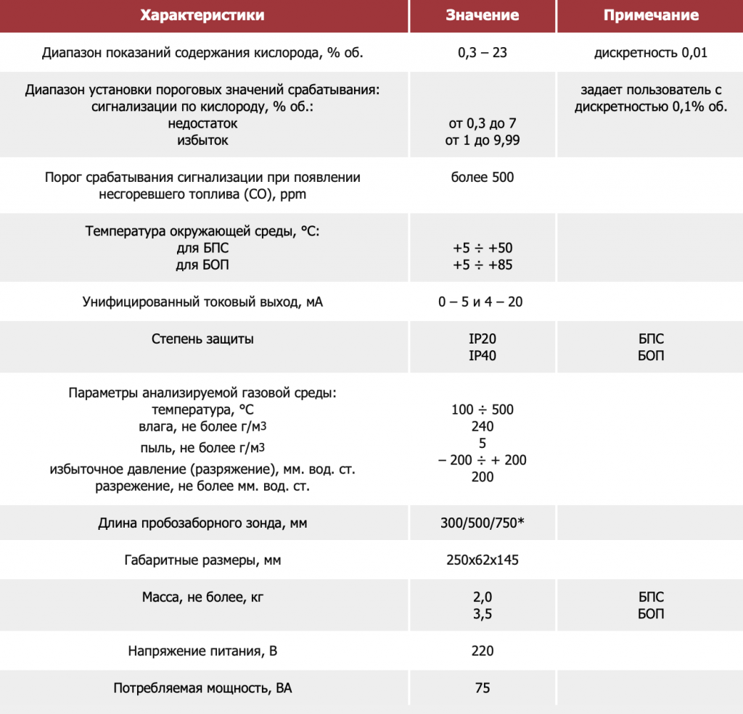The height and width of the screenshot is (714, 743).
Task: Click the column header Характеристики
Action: pos(202,15)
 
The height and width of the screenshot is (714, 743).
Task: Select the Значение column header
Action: pos(482,15)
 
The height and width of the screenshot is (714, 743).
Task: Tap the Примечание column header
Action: pos(650,15)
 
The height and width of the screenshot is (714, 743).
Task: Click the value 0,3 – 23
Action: pos(482,53)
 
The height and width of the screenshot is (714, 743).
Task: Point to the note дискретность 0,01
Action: pos(650,53)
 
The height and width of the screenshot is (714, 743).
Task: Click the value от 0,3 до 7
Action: pos(482,124)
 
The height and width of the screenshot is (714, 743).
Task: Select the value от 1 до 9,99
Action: pos(482,141)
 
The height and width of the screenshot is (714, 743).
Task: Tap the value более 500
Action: pos(482,177)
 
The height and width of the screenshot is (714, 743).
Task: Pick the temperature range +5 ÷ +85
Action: pos(482,265)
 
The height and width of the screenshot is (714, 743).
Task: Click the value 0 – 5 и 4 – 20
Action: pos(482,302)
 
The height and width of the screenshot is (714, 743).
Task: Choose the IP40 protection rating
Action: pos(482,356)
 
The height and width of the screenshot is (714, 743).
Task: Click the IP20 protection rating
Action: pos(482,339)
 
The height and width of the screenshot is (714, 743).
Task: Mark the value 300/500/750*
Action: pos(482,523)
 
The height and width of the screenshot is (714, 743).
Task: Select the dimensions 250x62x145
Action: pos(482,560)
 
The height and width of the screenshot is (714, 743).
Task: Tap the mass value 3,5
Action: pos(482,615)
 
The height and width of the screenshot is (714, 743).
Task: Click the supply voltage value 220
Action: pos(482,651)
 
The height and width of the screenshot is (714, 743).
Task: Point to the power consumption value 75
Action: pos(482,688)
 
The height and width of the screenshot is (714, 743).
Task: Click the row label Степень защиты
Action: pos(202,339)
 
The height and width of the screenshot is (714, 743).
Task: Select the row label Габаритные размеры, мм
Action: pos(202,560)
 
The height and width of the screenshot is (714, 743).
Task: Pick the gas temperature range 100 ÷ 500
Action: pos(482,410)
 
